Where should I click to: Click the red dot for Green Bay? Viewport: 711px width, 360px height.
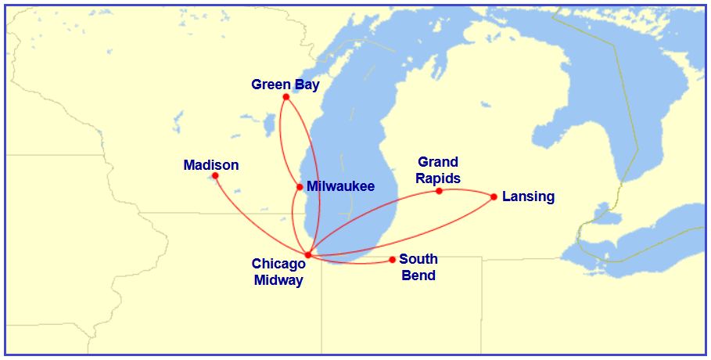[286, 97]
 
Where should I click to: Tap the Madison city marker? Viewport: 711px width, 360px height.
[215, 175]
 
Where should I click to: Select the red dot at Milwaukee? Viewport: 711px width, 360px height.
[300, 187]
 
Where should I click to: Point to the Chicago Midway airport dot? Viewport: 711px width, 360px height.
[308, 255]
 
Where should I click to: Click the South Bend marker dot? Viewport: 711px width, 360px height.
[393, 260]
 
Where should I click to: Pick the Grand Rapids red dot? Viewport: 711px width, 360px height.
[440, 191]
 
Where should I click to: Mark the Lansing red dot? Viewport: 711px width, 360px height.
[494, 196]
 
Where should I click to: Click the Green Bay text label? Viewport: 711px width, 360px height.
[285, 85]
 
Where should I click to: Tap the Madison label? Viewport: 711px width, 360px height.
[211, 165]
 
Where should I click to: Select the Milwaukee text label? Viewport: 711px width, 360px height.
[340, 186]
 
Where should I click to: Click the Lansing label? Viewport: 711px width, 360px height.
[528, 196]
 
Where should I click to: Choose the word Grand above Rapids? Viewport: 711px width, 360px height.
[438, 162]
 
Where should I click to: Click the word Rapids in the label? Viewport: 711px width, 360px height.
[438, 178]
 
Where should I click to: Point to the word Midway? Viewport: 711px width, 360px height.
[278, 280]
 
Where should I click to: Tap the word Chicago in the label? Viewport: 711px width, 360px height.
[278, 265]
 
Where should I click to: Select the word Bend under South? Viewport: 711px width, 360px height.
[418, 275]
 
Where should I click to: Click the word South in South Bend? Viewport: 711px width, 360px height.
[418, 259]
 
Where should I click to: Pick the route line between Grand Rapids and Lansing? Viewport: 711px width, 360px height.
[467, 190]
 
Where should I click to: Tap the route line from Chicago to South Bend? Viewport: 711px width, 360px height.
[352, 263]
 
